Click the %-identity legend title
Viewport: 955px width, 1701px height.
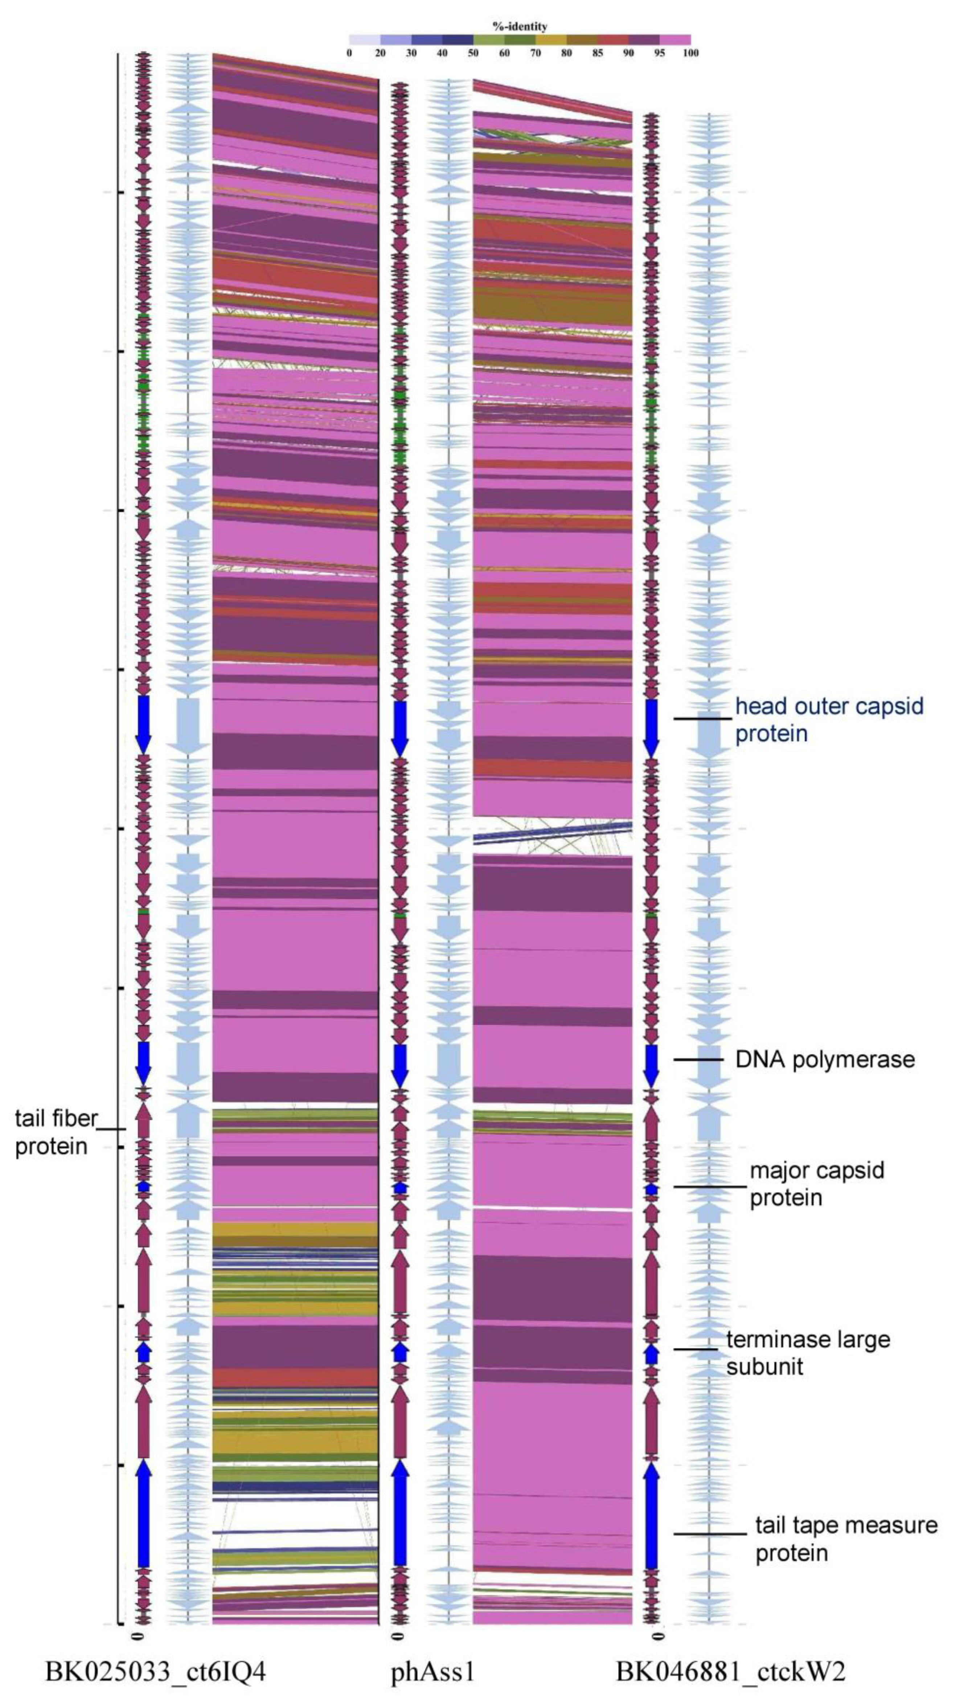click(x=520, y=26)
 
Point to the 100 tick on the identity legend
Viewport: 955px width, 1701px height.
click(x=690, y=53)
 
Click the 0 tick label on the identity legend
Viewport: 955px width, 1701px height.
click(x=349, y=53)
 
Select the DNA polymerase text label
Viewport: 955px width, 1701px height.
click(x=825, y=1060)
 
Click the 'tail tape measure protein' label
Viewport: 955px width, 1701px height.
click(x=846, y=1538)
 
